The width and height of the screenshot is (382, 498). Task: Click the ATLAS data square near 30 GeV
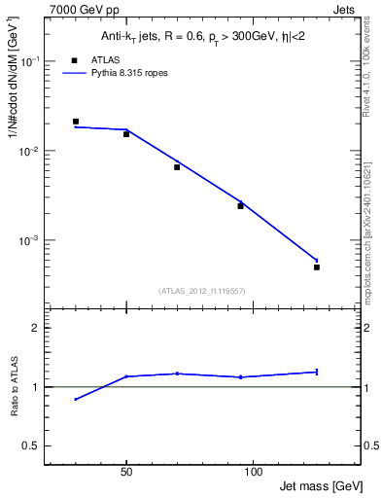[76, 122]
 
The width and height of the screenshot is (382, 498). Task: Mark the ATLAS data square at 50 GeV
[126, 134]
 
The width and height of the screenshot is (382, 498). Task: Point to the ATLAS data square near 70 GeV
[177, 167]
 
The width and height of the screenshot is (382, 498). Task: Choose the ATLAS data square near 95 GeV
[240, 206]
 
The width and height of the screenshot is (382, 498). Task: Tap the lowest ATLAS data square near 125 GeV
[317, 267]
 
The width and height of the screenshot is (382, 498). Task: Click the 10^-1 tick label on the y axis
[31, 61]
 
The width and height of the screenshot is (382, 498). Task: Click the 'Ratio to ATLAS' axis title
[14, 386]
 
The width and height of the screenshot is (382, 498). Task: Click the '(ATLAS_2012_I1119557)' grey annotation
[203, 291]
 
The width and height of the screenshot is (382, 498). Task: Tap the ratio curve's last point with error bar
[317, 372]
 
